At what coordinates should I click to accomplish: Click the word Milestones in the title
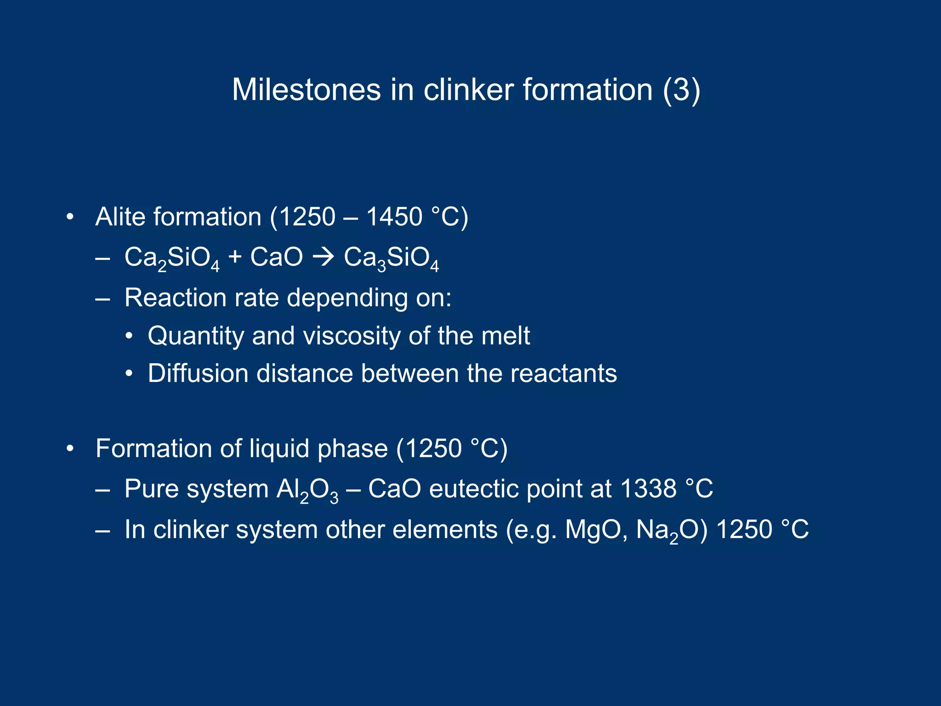pos(306,90)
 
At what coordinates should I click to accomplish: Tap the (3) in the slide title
pos(681,90)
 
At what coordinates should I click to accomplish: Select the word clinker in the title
pos(468,90)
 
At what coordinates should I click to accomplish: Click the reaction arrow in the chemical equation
pos(323,257)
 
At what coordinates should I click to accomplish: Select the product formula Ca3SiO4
pos(391,258)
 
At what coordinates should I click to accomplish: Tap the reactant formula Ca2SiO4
pos(172,258)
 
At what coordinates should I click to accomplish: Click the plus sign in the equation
pos(235,257)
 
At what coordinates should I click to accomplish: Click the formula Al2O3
pos(307,490)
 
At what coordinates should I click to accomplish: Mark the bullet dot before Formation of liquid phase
pos(70,449)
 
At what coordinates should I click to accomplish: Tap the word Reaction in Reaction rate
pos(176,298)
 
